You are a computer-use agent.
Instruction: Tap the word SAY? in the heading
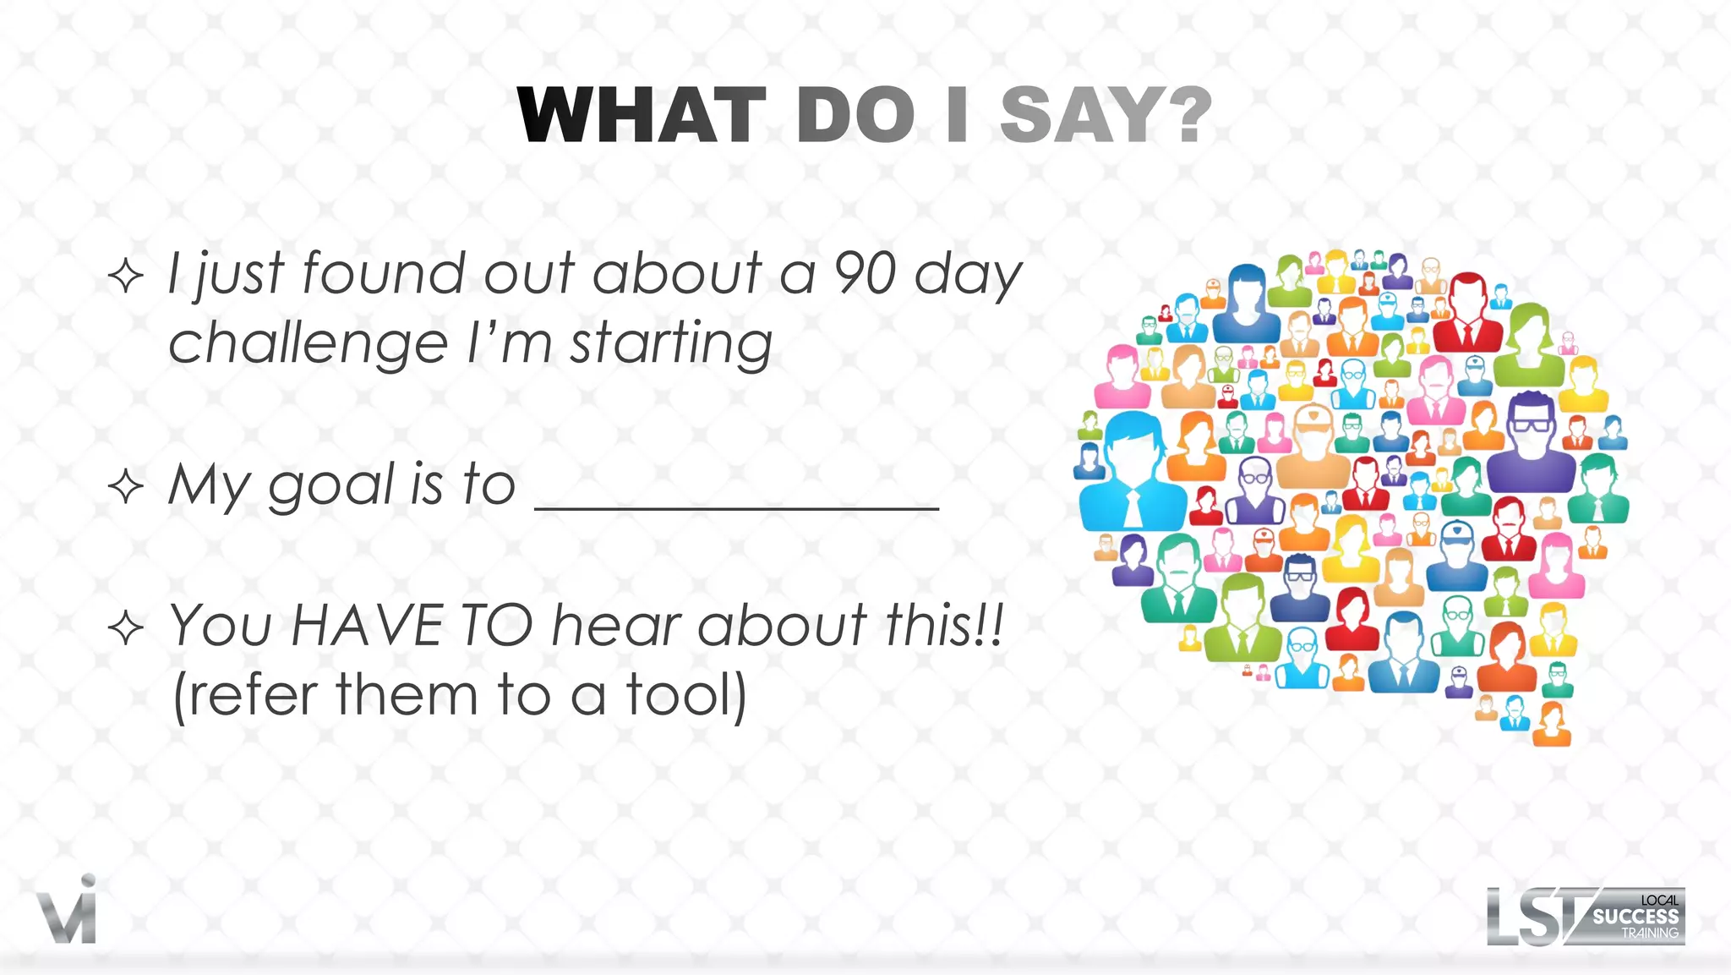pyautogui.click(x=1106, y=116)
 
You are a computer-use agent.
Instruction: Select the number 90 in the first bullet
pyautogui.click(x=865, y=273)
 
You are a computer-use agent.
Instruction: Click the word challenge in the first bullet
pyautogui.click(x=308, y=344)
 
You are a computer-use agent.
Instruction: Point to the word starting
pyautogui.click(x=671, y=344)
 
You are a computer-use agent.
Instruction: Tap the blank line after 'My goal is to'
pyautogui.click(x=737, y=506)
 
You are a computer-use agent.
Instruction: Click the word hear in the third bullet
pyautogui.click(x=616, y=626)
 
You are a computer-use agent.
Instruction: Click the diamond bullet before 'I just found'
pyautogui.click(x=126, y=276)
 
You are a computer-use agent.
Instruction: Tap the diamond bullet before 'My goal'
pyautogui.click(x=126, y=487)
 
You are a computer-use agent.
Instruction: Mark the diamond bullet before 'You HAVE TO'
pyautogui.click(x=126, y=627)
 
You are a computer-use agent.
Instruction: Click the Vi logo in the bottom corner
pyautogui.click(x=68, y=912)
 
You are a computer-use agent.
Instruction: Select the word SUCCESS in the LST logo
pyautogui.click(x=1635, y=917)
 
